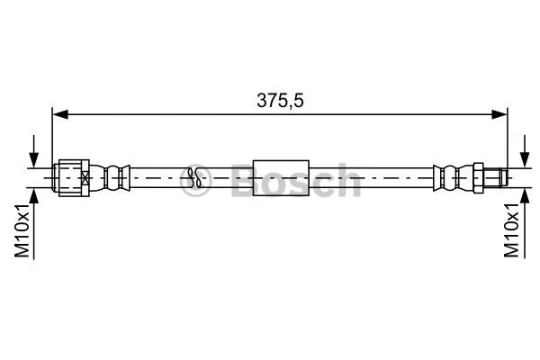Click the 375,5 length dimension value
tap(280, 102)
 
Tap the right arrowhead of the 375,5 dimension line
tap(500, 113)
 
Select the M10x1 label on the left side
tap(24, 230)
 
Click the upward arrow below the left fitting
tap(34, 200)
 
